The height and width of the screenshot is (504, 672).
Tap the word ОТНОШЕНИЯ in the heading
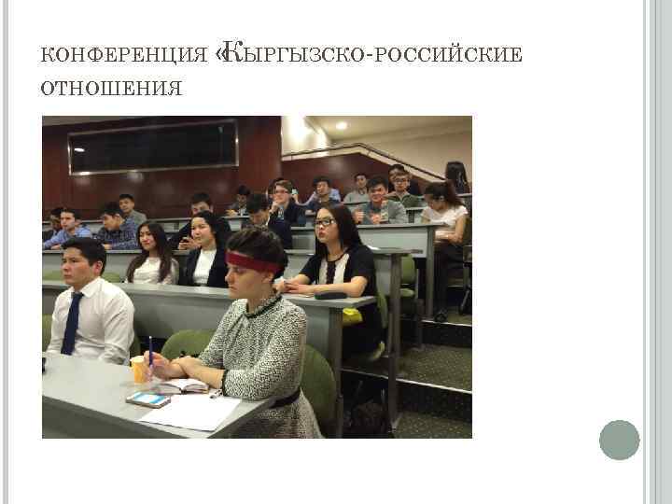coord(111,88)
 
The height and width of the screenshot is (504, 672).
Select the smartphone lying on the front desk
coord(148,399)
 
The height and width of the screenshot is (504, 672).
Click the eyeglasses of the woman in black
coord(326,222)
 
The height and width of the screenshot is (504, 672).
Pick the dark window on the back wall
coord(153,147)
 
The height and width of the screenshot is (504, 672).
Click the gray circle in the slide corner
coord(619,440)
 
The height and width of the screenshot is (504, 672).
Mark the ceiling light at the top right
coord(342,125)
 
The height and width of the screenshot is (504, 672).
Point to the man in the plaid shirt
coord(117,229)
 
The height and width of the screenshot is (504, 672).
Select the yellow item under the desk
coord(352,315)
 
